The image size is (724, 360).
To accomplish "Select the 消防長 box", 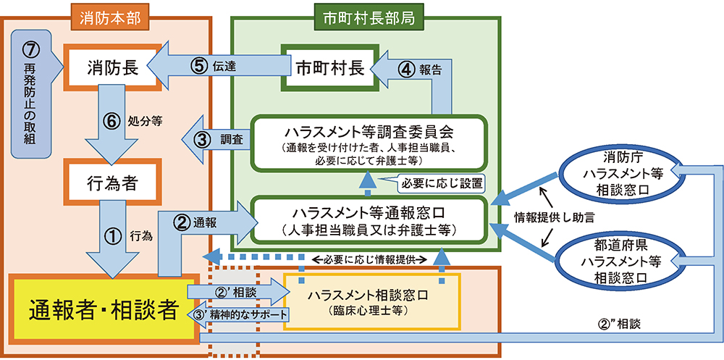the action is pyautogui.click(x=113, y=67).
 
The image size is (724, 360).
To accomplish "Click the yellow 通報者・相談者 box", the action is pyautogui.click(x=104, y=309).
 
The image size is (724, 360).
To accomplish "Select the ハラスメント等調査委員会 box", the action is pyautogui.click(x=368, y=143).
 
